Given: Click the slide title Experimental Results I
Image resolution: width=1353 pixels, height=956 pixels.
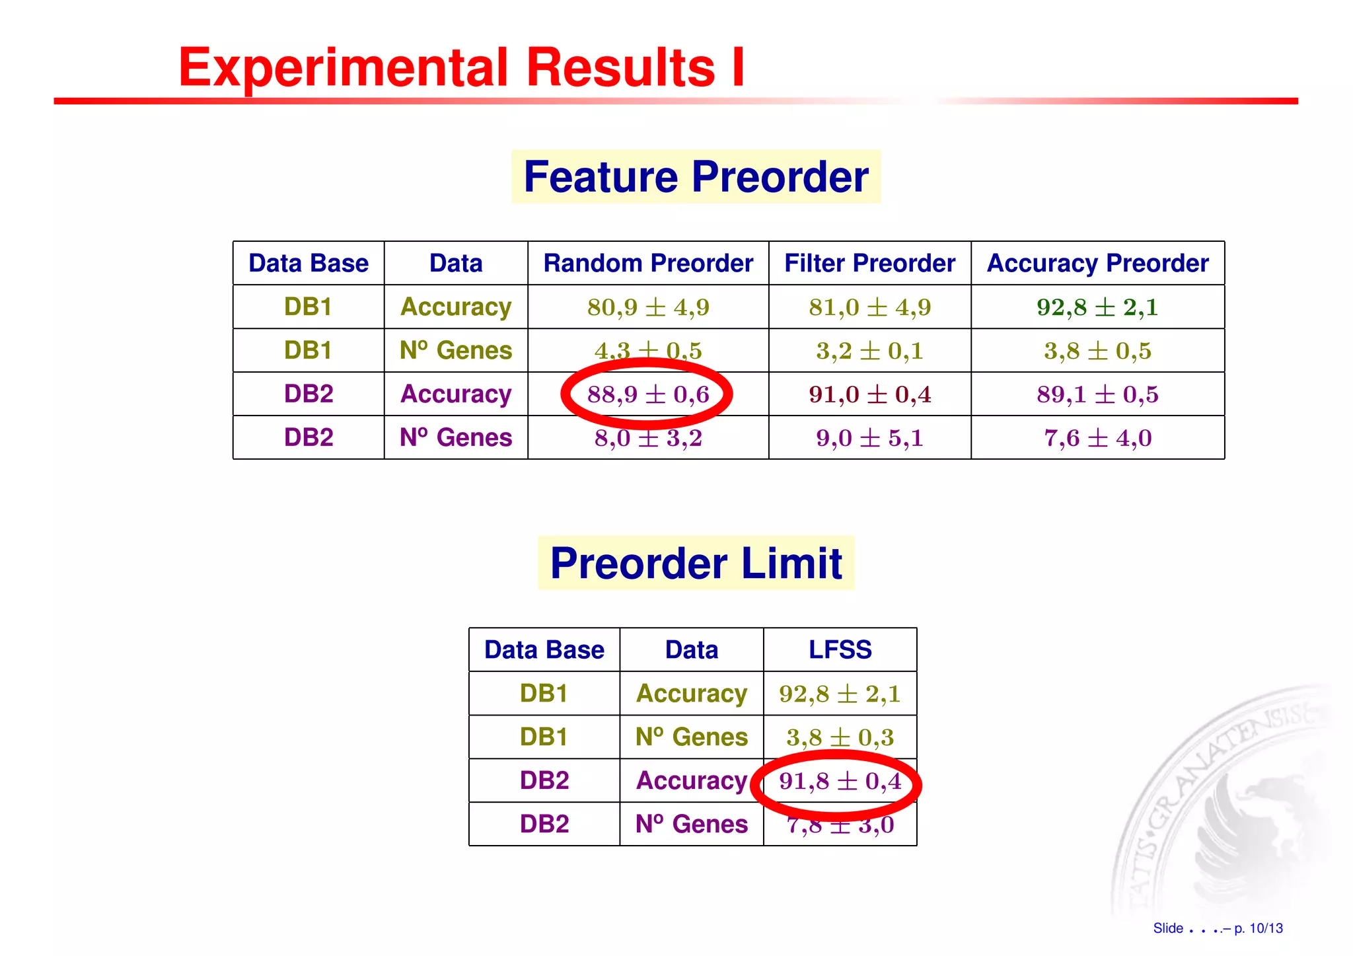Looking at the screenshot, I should coord(461,67).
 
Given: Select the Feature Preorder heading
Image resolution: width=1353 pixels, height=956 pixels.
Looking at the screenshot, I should coord(696,177).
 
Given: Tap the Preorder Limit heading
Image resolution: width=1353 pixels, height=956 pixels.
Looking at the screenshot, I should coord(696,564).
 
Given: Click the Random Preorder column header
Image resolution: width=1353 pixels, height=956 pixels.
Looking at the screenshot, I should coord(648,264).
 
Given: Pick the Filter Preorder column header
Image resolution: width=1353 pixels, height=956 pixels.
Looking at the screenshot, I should coord(869,264).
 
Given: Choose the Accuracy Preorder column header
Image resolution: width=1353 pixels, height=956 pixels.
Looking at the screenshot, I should coord(1097,264).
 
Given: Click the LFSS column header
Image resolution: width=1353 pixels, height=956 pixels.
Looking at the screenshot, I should coord(840,650).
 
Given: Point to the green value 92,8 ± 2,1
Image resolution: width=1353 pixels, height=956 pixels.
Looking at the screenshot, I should coord(1097,307).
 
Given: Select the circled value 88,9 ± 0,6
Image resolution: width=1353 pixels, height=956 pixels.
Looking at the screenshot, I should coord(647,394).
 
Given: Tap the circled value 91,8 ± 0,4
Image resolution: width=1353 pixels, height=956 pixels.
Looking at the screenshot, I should coord(840,782).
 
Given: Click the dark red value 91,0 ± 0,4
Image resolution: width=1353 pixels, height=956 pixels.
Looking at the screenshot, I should coord(869,394).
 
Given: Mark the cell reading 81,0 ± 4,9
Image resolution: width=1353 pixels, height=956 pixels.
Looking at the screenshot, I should coord(869,307).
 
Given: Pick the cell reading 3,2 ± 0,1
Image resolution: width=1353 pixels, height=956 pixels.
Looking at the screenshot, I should coord(869,351).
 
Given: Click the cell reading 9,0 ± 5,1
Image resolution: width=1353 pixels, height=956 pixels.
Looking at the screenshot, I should coord(869,438).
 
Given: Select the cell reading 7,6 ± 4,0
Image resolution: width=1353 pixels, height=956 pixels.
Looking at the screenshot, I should coord(1097,438).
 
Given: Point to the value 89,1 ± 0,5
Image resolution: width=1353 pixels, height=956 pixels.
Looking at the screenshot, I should coord(1097,394).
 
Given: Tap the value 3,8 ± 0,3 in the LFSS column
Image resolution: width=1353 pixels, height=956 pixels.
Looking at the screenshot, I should coord(840,737).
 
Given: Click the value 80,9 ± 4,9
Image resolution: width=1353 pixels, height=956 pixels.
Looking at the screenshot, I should coord(648,307).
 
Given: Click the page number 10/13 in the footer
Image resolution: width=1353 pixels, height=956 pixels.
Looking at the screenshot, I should coord(1266,928).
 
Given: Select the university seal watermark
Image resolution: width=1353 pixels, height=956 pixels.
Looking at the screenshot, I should coord(1229,806).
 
